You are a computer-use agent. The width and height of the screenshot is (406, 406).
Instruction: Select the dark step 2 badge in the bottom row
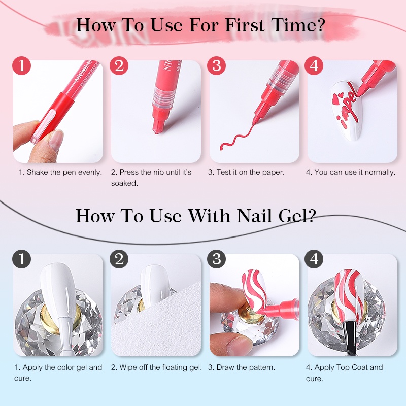[x=119, y=259]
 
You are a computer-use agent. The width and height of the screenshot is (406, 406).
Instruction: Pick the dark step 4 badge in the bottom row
[x=315, y=259]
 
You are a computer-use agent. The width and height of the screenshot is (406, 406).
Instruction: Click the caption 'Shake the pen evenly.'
[x=60, y=172]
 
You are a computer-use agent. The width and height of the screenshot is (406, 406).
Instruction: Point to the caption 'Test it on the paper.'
[x=246, y=172]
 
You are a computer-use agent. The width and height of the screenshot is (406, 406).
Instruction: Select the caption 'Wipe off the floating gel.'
[x=156, y=367]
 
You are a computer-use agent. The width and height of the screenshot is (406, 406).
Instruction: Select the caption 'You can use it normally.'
[x=350, y=172]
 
